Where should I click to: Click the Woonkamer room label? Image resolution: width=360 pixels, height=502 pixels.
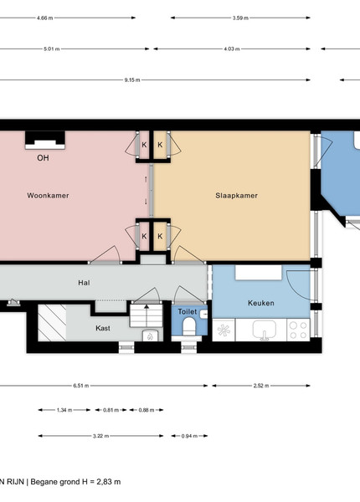(48, 196)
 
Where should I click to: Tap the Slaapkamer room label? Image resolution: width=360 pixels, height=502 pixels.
(236, 196)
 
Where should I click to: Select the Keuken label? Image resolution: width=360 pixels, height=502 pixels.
(261, 303)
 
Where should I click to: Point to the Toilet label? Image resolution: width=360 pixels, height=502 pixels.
(188, 311)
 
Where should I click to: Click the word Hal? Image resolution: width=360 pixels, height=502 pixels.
(84, 283)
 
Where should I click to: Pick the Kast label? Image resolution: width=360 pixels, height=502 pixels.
(103, 328)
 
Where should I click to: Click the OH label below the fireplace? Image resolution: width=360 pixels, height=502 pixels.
(43, 158)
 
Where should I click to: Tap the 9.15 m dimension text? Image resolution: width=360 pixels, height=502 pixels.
(132, 80)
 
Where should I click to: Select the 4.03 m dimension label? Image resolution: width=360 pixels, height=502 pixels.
(232, 49)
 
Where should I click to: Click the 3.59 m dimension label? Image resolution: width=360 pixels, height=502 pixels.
(240, 18)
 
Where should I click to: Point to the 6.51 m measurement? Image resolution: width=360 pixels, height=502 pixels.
(81, 386)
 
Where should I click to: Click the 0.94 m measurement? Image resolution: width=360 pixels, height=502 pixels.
(189, 436)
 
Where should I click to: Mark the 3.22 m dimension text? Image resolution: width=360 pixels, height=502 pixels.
(101, 436)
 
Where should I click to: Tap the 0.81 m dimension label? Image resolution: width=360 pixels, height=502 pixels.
(111, 410)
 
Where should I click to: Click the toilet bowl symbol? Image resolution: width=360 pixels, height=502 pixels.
(189, 326)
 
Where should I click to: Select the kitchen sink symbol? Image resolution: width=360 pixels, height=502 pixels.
(265, 330)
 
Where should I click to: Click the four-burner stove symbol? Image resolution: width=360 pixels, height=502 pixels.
(298, 330)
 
